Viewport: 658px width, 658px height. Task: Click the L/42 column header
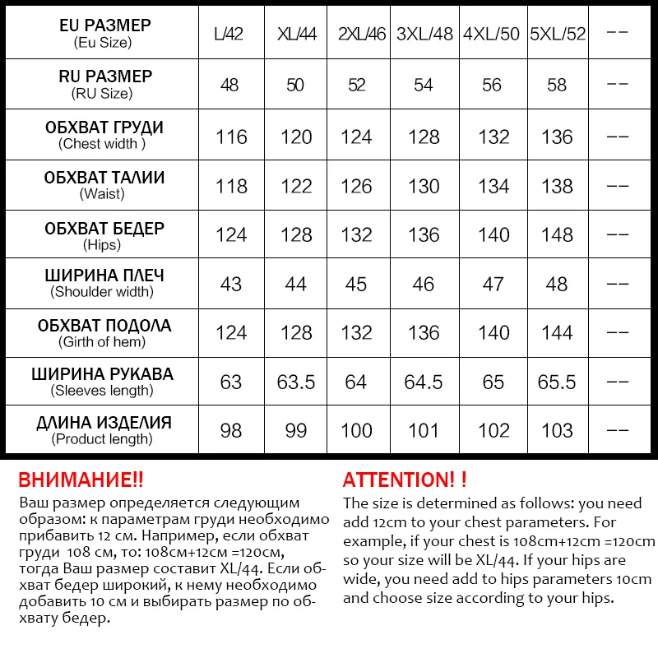[229, 35]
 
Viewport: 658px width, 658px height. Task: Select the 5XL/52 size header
[558, 35]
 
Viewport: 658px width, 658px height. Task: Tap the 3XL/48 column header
[424, 35]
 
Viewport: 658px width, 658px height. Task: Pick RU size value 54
[424, 86]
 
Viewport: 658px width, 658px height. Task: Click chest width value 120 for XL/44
[296, 137]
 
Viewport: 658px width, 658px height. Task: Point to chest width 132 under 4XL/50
[493, 137]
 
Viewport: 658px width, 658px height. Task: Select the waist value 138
[558, 187]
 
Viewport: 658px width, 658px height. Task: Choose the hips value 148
[558, 235]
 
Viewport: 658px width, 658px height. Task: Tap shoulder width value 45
[356, 284]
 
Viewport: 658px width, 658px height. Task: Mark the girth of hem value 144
[558, 333]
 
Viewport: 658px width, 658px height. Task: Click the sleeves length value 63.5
[296, 382]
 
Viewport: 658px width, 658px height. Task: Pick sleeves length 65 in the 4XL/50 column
[493, 382]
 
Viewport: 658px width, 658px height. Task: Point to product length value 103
[558, 431]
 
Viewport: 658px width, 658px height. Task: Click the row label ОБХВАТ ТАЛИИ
[104, 178]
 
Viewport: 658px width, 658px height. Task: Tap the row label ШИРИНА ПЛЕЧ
[104, 276]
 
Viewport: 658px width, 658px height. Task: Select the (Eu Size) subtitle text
[102, 43]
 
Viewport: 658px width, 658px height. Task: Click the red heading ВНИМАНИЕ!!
[81, 480]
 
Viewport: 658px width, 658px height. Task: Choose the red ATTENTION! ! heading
[405, 480]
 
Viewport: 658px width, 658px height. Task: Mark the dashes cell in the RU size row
[617, 86]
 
